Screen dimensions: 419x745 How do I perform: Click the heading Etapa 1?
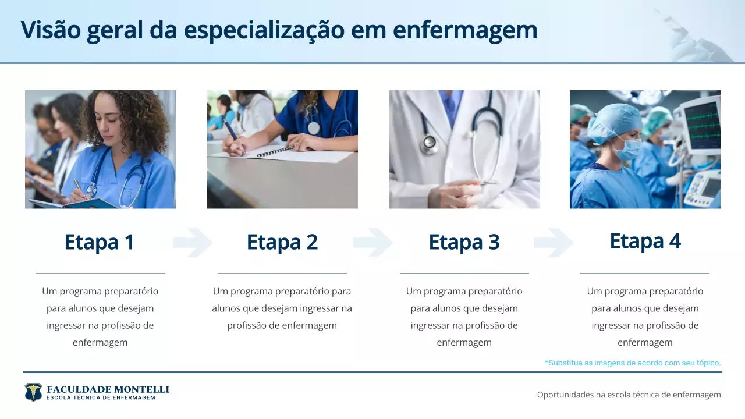pyautogui.click(x=100, y=242)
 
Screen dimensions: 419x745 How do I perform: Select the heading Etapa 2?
pyautogui.click(x=282, y=242)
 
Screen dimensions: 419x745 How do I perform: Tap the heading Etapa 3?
pyautogui.click(x=464, y=242)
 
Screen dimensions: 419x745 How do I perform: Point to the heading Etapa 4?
pyautogui.click(x=645, y=241)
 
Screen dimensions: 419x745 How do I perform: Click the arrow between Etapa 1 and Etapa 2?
pyautogui.click(x=192, y=243)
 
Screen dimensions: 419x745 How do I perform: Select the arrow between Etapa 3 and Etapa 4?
pyautogui.click(x=553, y=243)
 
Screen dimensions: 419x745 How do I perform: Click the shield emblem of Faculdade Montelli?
pyautogui.click(x=33, y=392)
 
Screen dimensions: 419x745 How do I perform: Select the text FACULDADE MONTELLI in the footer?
pyautogui.click(x=108, y=389)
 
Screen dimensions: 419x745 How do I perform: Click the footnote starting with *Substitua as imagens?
pyautogui.click(x=633, y=363)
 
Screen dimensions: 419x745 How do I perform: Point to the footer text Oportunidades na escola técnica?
pyautogui.click(x=629, y=395)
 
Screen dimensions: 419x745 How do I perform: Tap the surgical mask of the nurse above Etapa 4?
pyautogui.click(x=628, y=148)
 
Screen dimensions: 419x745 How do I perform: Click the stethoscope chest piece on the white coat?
pyautogui.click(x=430, y=143)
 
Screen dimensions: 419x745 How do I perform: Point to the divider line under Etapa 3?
pyautogui.click(x=464, y=273)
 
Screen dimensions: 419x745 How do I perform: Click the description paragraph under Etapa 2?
pyautogui.click(x=282, y=308)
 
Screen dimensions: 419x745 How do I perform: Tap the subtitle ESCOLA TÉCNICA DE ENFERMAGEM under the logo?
pyautogui.click(x=101, y=398)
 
